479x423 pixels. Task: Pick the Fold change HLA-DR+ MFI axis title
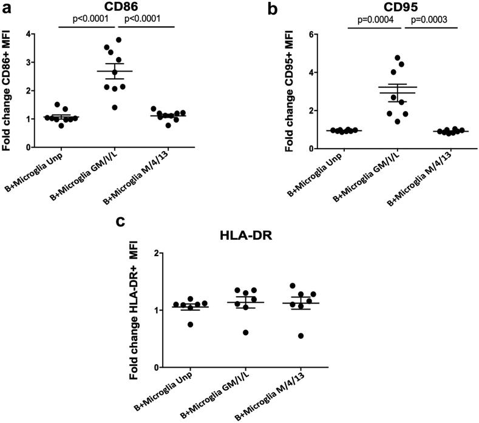click(138, 310)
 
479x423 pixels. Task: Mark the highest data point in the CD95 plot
click(398, 58)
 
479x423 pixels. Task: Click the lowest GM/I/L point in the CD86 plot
click(114, 107)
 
